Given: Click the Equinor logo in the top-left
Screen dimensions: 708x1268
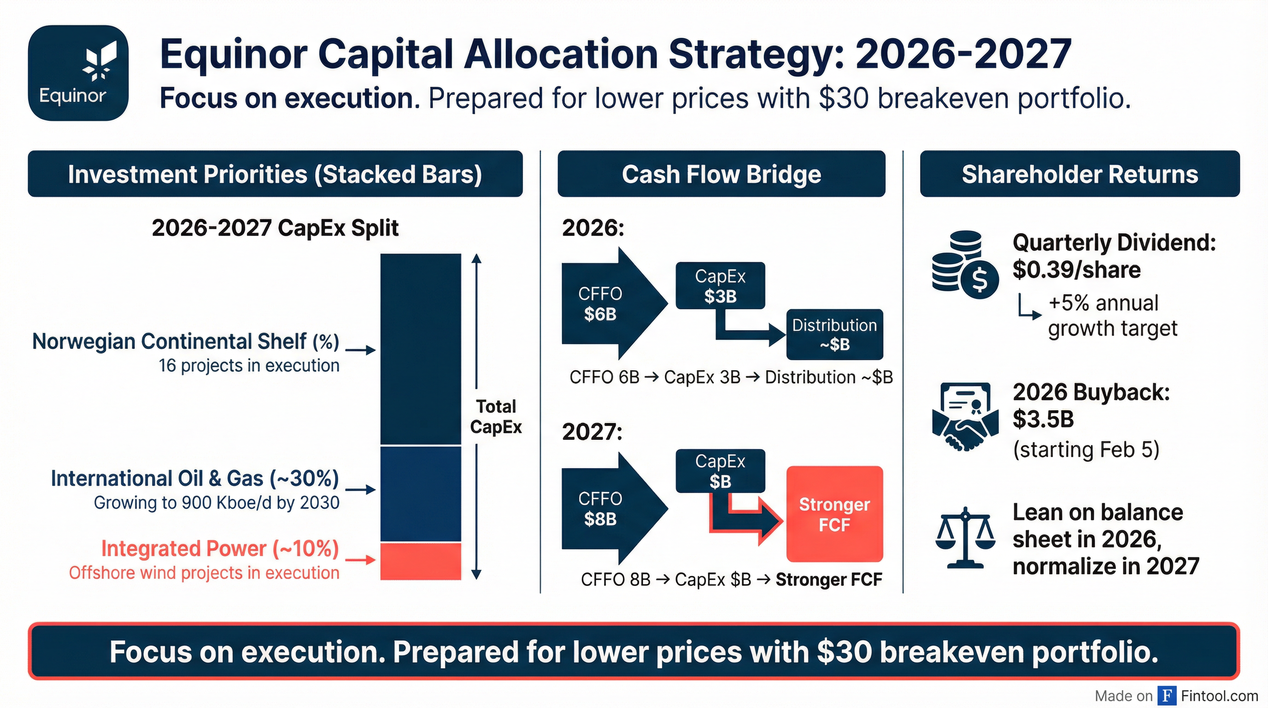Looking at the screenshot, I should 78,73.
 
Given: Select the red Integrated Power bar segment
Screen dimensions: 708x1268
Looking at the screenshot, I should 420,561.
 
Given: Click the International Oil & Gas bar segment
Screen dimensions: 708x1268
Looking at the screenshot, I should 420,494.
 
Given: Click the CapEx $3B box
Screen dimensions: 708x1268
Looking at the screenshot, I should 720,286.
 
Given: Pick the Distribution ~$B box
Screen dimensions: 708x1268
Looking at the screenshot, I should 834,334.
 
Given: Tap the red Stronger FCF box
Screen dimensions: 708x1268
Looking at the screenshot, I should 834,514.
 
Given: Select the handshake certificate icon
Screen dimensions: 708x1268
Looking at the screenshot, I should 965,416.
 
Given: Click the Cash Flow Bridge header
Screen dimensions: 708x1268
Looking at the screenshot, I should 721,174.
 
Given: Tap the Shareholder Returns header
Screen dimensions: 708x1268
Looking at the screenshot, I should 1080,174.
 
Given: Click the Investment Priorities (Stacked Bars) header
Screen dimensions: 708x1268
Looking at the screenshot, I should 275,174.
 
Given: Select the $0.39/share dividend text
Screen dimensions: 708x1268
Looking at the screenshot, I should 1076,270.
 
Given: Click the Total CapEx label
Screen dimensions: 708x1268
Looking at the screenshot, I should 496,417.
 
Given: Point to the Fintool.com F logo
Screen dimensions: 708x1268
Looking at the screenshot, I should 1167,696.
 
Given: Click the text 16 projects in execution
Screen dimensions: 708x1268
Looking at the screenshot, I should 249,366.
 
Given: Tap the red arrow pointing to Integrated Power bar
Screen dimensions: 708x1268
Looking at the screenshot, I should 360,560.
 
